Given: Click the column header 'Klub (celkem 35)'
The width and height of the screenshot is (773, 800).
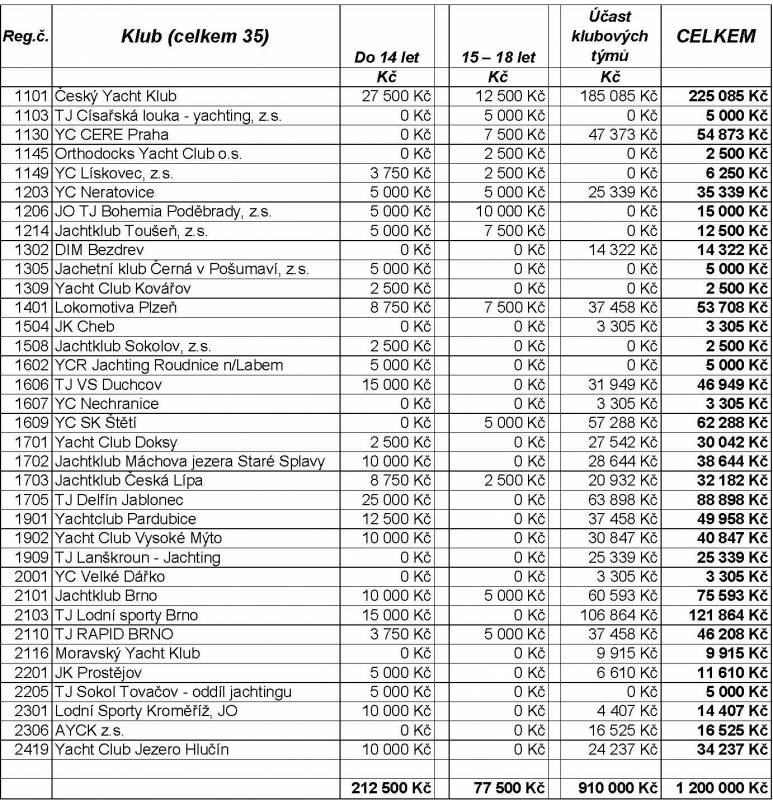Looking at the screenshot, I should [195, 37].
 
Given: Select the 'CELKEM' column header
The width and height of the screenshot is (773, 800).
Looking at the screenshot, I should [715, 36].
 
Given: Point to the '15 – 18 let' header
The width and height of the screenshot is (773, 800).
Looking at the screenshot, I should [498, 58].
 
